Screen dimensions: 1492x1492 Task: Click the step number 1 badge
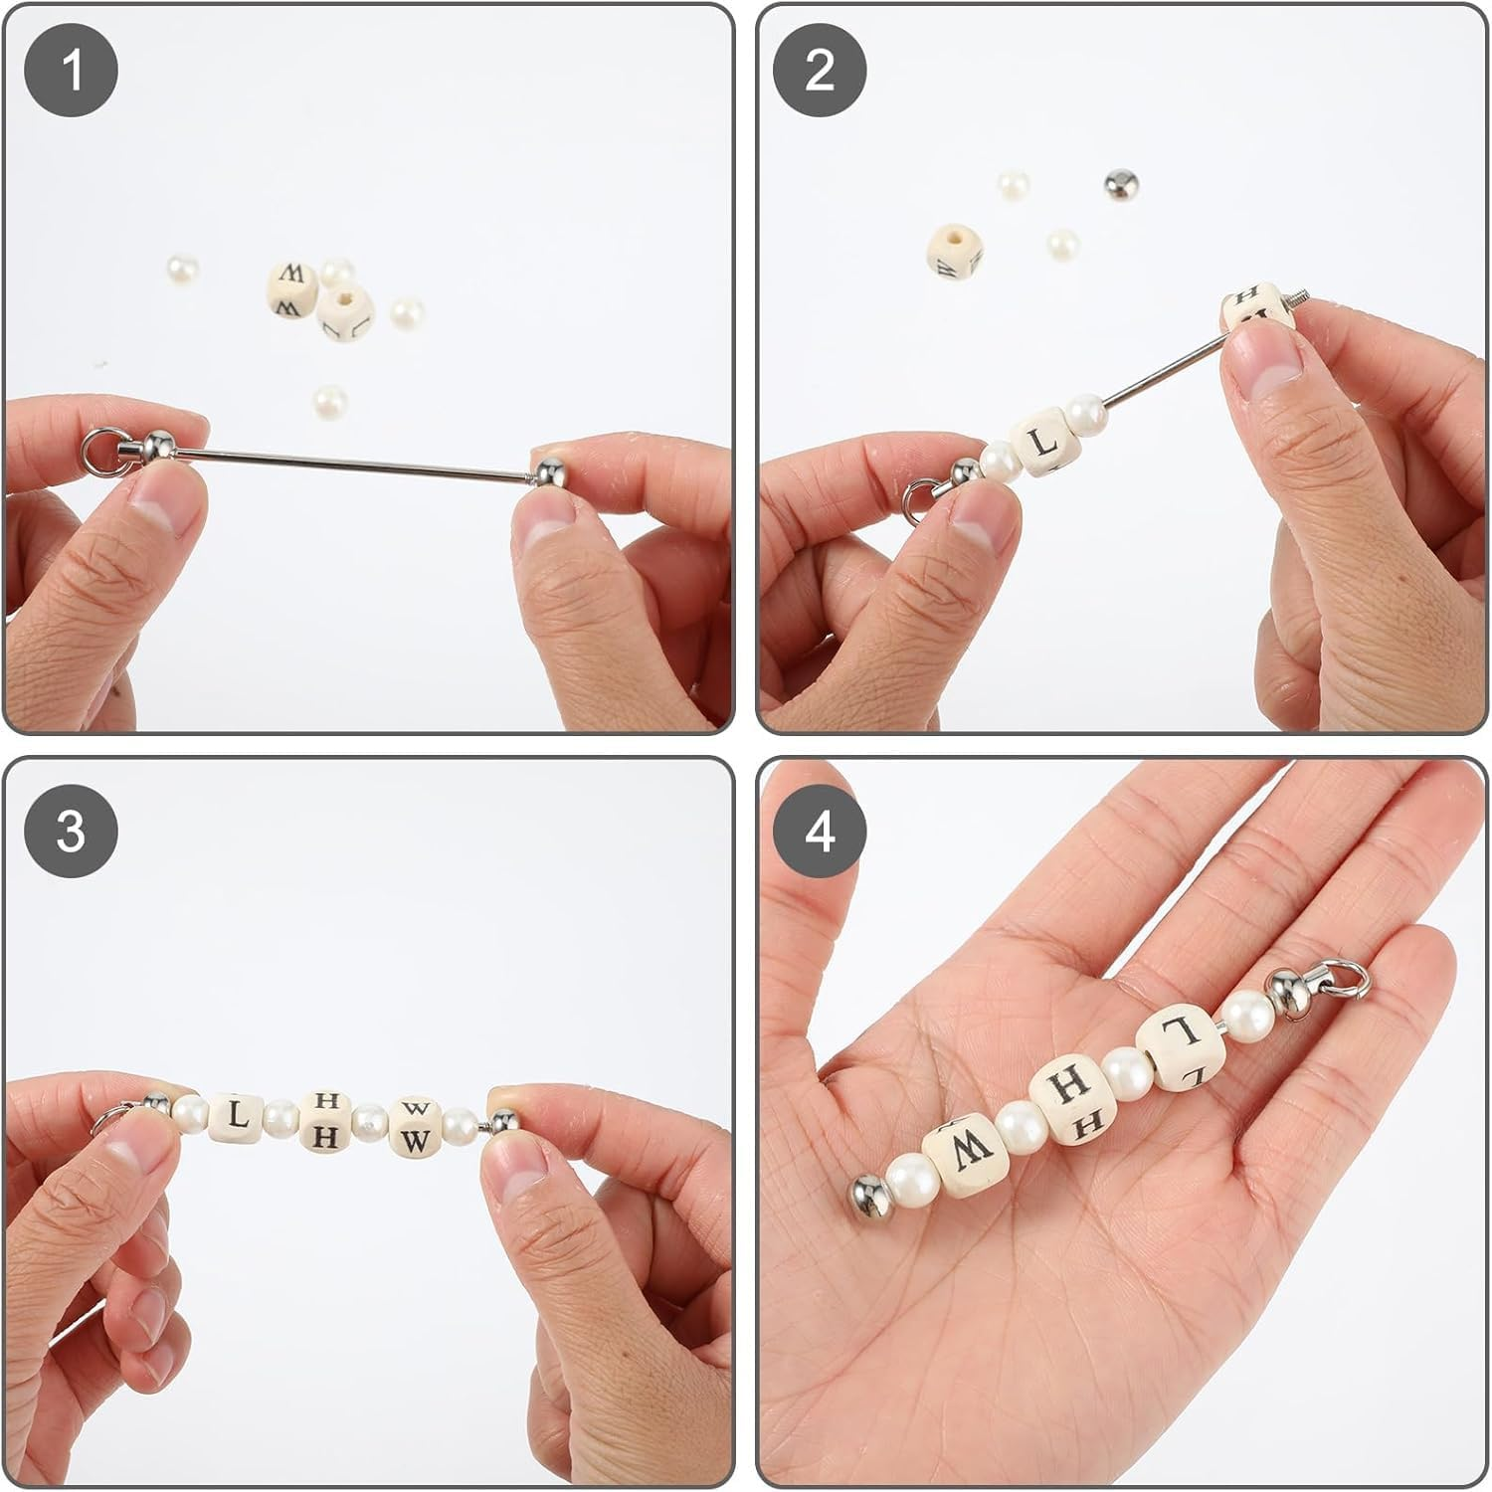click(x=72, y=71)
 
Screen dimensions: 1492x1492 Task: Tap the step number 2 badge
click(x=820, y=71)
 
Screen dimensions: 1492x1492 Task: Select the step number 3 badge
click(x=72, y=830)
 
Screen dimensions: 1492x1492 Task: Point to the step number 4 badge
click(x=820, y=830)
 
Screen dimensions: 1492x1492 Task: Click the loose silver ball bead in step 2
click(x=1122, y=183)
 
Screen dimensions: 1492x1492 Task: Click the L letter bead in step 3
click(x=236, y=1115)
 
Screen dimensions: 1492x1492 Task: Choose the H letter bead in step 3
click(x=325, y=1123)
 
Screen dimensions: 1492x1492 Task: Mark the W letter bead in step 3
click(x=416, y=1128)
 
